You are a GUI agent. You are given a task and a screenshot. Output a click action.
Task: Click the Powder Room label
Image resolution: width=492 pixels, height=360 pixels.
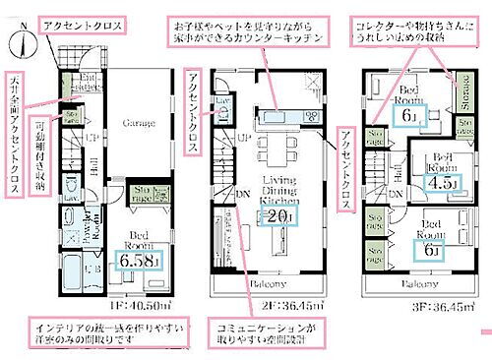(x=84, y=228)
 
